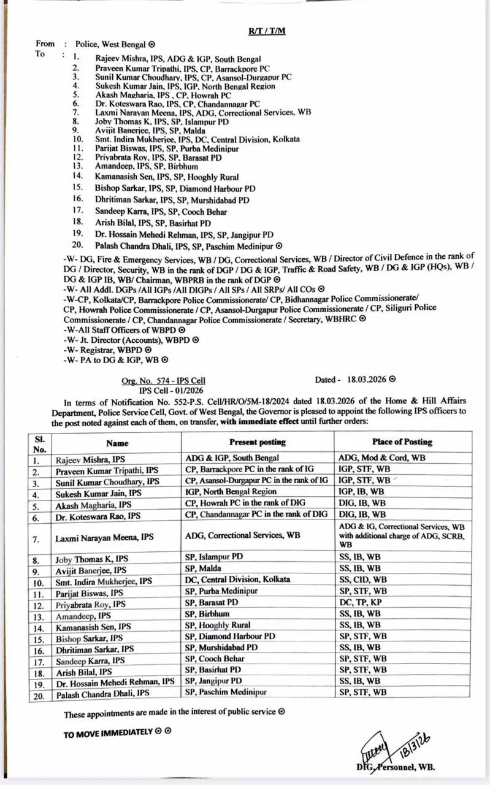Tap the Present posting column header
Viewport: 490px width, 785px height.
tap(258, 442)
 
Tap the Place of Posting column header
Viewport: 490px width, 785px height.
tap(402, 442)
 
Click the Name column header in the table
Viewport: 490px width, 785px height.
tap(117, 442)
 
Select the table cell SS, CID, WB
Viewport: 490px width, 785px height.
tap(362, 579)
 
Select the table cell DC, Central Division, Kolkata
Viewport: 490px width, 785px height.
tap(238, 579)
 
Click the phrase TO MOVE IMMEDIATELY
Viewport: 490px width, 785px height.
tap(107, 732)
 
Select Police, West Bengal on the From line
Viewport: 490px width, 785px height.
tap(111, 44)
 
